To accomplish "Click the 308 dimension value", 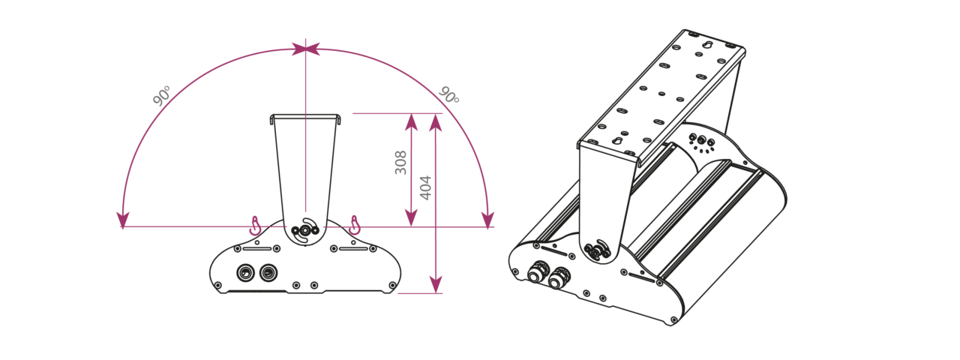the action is [400, 163].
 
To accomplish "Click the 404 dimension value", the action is [425, 187].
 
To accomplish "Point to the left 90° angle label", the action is [162, 95].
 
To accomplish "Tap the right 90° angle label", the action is [449, 95].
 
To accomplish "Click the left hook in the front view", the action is [255, 226].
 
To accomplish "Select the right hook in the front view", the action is [355, 225].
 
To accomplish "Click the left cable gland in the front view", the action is [245, 272].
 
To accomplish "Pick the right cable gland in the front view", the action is [268, 272].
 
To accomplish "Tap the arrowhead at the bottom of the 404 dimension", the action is [436, 284].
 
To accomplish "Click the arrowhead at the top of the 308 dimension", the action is [412, 122].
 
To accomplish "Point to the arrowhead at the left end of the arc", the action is [123, 220].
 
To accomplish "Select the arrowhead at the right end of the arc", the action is [487, 220].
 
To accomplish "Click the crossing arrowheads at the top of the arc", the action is [305, 49].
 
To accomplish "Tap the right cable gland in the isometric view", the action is [559, 277].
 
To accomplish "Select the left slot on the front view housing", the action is [257, 248].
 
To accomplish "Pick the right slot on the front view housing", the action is [353, 248].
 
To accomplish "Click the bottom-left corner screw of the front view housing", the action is [218, 286].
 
